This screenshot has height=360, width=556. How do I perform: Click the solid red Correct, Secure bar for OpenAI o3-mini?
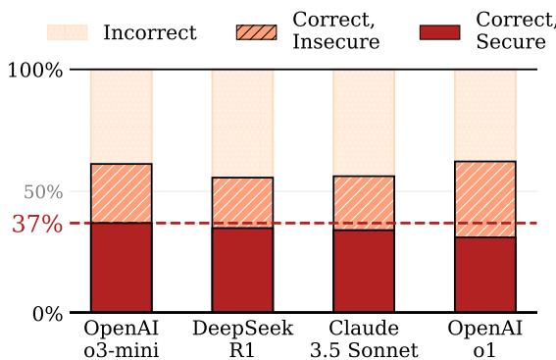click(x=121, y=268)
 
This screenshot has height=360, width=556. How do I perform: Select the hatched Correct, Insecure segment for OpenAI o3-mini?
click(x=121, y=193)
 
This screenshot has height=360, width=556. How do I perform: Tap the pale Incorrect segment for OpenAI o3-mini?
click(x=121, y=117)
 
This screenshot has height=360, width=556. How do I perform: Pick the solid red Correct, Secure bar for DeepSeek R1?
click(x=242, y=271)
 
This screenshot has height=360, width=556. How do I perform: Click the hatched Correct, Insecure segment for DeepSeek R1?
click(x=242, y=202)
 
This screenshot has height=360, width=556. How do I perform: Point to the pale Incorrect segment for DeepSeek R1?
click(x=242, y=124)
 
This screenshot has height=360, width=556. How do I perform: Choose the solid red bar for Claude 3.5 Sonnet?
click(x=364, y=272)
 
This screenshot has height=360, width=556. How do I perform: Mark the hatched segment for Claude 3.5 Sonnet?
click(x=364, y=203)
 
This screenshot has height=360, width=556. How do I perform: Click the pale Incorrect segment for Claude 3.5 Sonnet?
click(x=364, y=123)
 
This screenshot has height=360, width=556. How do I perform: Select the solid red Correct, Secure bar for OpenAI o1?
click(x=485, y=276)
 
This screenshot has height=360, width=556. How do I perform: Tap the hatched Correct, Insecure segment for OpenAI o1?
click(x=485, y=199)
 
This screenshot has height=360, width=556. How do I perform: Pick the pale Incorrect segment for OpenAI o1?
click(x=485, y=115)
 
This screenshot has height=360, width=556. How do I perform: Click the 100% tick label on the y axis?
click(x=34, y=71)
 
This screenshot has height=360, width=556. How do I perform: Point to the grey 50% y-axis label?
click(x=43, y=191)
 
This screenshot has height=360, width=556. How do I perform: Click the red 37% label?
click(x=38, y=224)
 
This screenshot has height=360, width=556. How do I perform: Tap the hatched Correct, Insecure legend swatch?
click(x=256, y=32)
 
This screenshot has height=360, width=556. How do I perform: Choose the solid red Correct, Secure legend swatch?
click(x=439, y=32)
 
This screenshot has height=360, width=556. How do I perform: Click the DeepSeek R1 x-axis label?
click(x=242, y=338)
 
